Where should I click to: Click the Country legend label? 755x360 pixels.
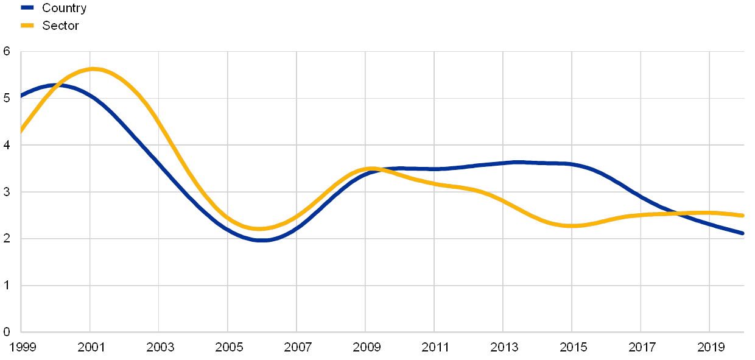[x=64, y=8]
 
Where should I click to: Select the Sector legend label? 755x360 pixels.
[x=61, y=26]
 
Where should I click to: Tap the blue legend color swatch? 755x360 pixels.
[x=27, y=8]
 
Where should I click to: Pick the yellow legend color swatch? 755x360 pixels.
[x=27, y=26]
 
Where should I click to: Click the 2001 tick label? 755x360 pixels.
[x=90, y=347]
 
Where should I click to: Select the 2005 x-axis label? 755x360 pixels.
[x=228, y=347]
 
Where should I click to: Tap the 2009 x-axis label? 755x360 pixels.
[x=365, y=347]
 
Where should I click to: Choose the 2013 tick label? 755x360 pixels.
[x=504, y=347]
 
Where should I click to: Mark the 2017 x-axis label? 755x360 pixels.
[x=641, y=347]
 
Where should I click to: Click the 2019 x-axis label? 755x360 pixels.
[x=710, y=347]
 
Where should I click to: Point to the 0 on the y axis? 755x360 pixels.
[x=7, y=332]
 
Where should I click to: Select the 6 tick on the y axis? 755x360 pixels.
[x=7, y=52]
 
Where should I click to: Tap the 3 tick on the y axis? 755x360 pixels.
[x=7, y=192]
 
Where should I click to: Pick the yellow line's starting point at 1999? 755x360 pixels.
[x=21, y=132]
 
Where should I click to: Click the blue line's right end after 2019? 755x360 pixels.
[x=742, y=233]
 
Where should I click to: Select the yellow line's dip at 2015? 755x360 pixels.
[x=572, y=226]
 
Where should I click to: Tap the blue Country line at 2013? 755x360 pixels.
[x=504, y=163]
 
